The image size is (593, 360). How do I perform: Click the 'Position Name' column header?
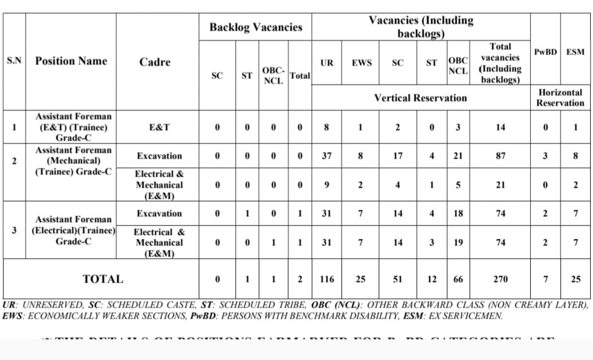(71, 61)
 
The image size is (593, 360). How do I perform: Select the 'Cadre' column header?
(154, 62)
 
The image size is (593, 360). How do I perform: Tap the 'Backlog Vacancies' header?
(256, 27)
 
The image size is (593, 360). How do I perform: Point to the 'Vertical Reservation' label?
(420, 98)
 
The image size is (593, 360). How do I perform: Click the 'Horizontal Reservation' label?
(560, 98)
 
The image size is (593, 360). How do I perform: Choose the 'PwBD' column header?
(545, 52)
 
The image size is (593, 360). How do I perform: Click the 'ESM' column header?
(576, 52)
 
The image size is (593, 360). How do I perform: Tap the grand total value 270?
(500, 280)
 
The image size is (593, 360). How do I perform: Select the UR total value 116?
(327, 280)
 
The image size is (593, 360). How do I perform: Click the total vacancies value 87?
(500, 156)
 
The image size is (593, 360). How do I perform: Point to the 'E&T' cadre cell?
(154, 127)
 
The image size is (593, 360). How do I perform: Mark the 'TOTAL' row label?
(103, 279)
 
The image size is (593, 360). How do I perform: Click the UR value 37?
(327, 156)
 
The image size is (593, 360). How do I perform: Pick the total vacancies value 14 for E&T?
(500, 127)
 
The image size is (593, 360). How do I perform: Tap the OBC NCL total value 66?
(458, 280)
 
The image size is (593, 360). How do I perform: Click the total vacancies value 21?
(500, 185)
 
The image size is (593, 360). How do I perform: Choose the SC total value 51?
(397, 280)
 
